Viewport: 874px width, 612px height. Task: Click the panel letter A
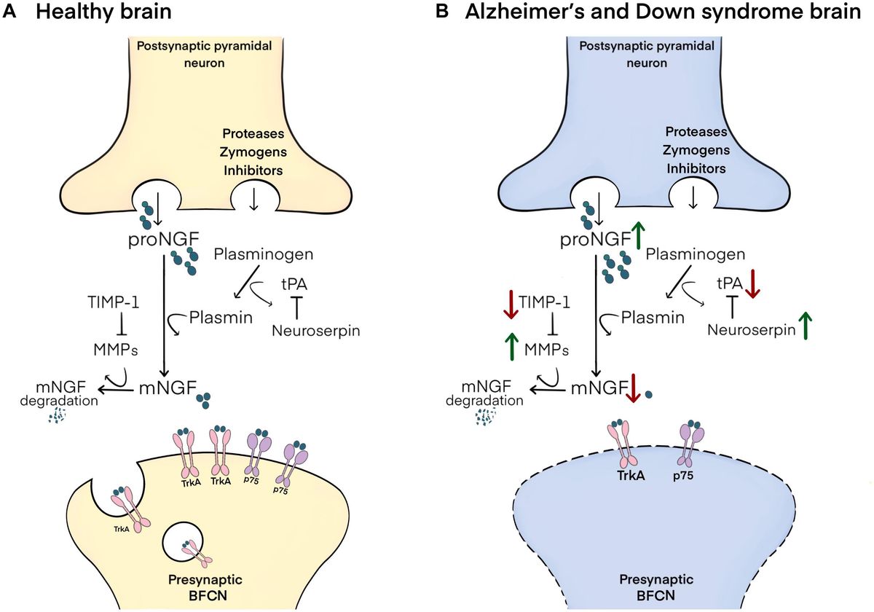pos(11,15)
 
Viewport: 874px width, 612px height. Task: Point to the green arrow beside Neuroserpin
pos(806,326)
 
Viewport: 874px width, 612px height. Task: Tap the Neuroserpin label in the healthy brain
pos(316,331)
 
